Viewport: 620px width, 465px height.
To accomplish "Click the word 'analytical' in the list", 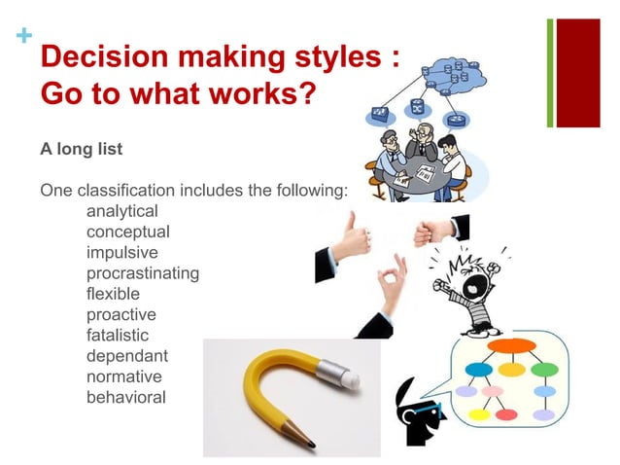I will (121, 210).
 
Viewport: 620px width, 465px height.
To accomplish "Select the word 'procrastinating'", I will (143, 272).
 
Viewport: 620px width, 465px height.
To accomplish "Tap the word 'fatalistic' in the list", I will (119, 335).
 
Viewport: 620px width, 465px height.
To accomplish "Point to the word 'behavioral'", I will (125, 397).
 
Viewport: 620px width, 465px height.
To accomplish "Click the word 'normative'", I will (123, 376).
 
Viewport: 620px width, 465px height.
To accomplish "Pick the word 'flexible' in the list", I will (113, 293).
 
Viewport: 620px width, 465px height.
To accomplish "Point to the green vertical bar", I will (550, 72).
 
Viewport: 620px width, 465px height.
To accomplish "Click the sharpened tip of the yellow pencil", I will (309, 444).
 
